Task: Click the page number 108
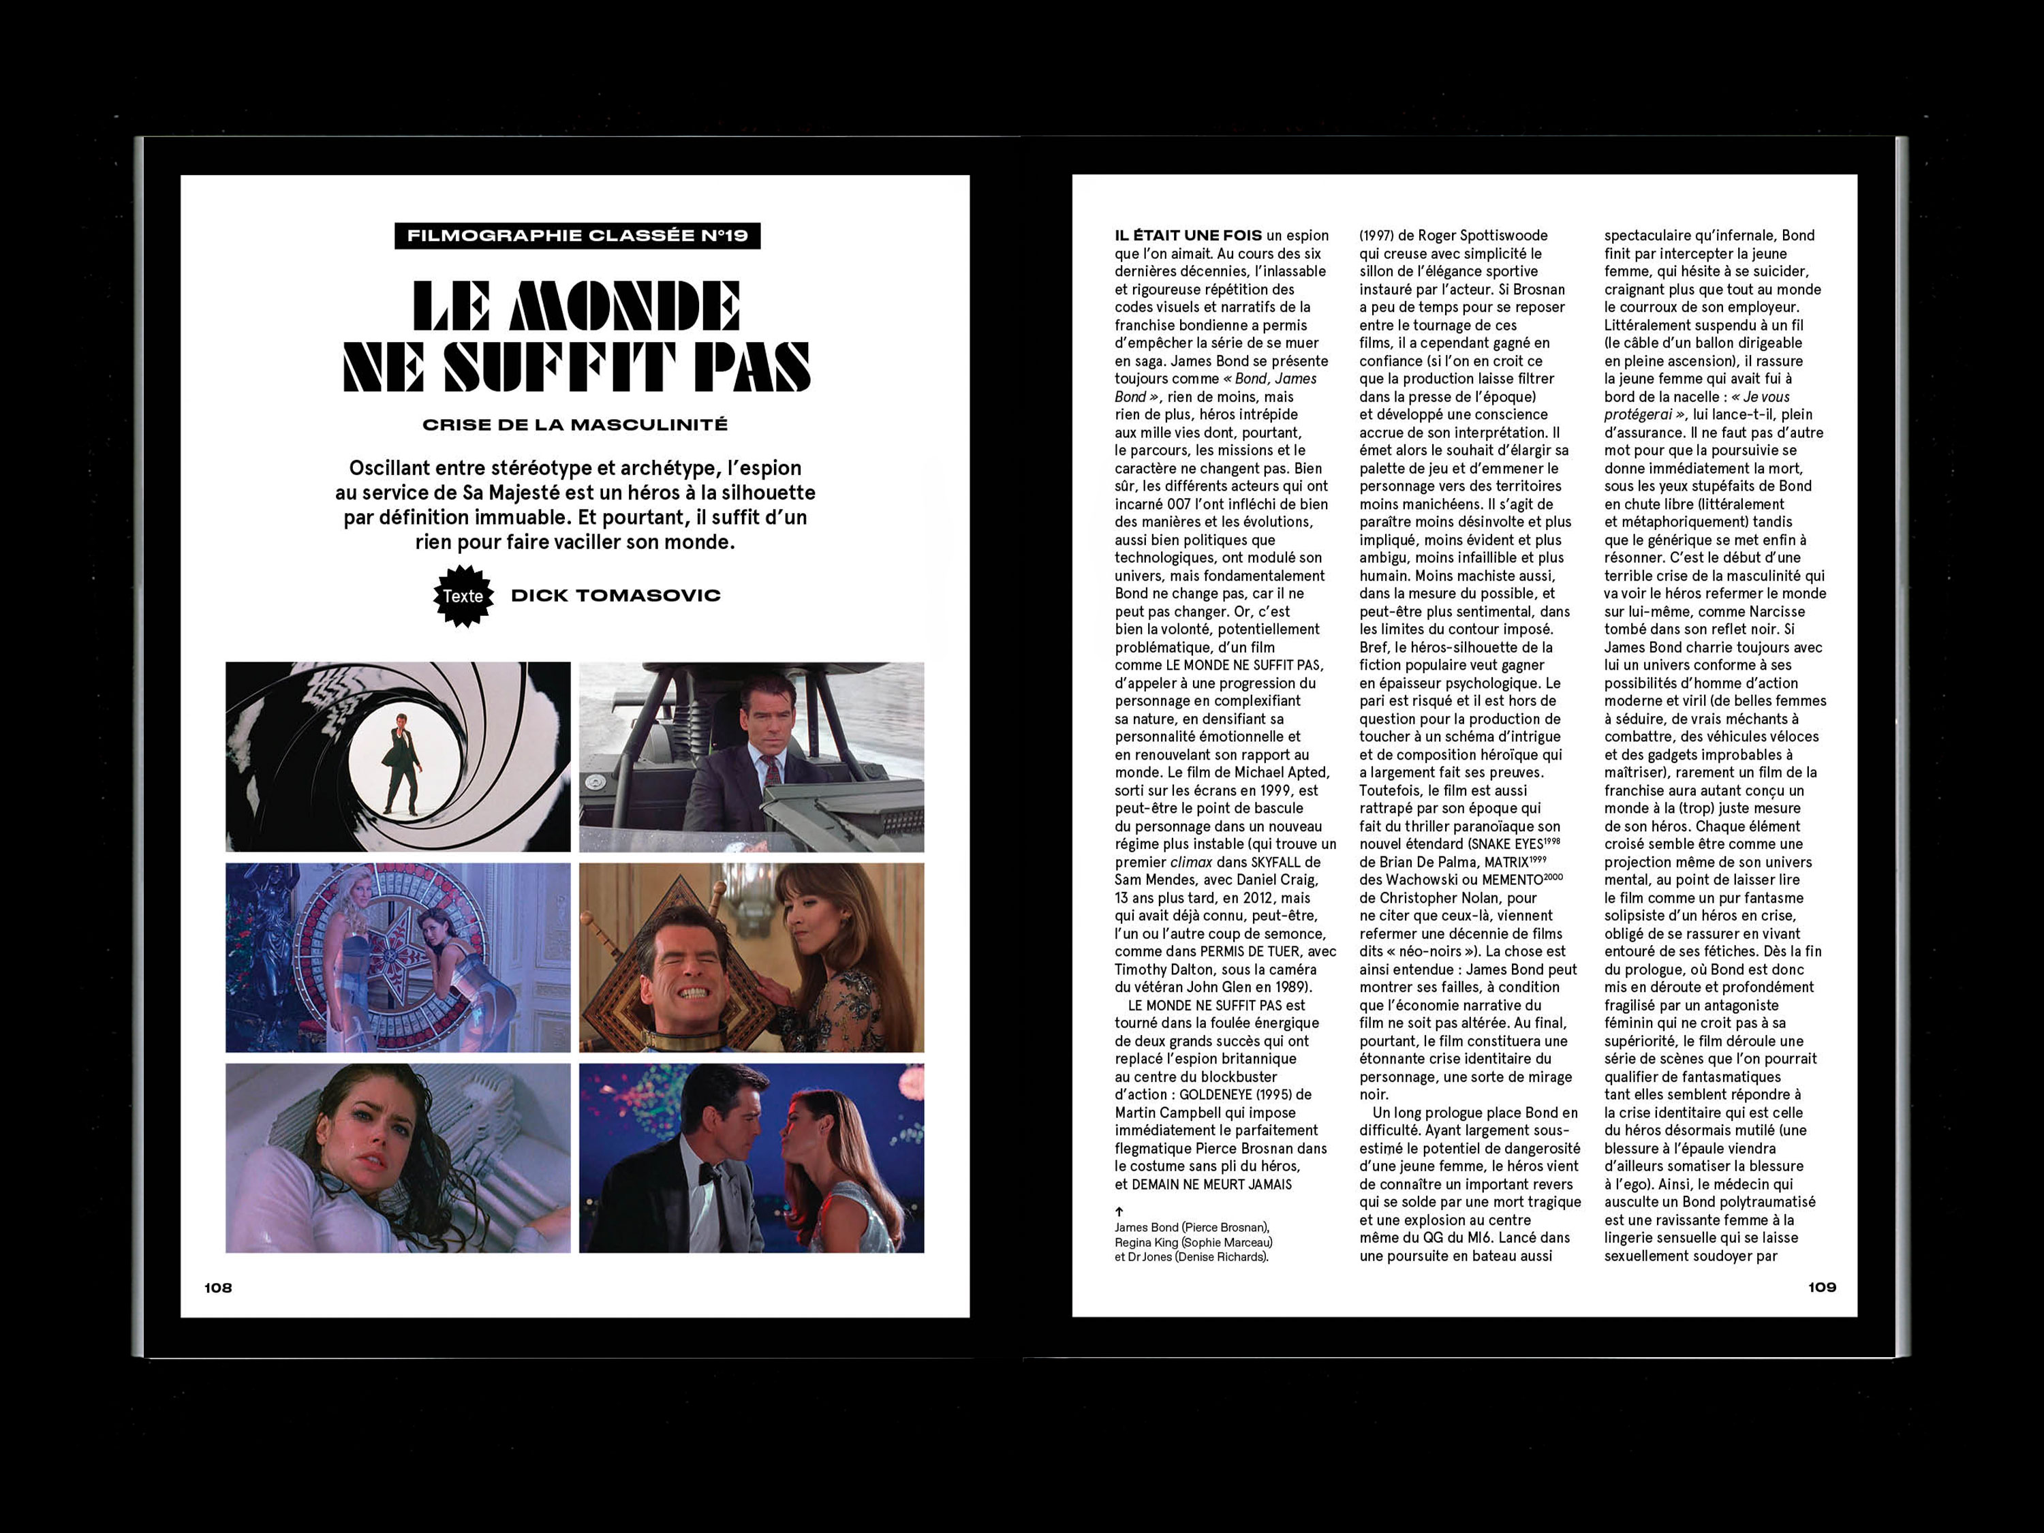click(218, 1287)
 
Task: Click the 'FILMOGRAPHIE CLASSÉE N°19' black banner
click(578, 236)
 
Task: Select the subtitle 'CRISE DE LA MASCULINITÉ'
click(575, 425)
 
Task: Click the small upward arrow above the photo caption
click(1119, 1211)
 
